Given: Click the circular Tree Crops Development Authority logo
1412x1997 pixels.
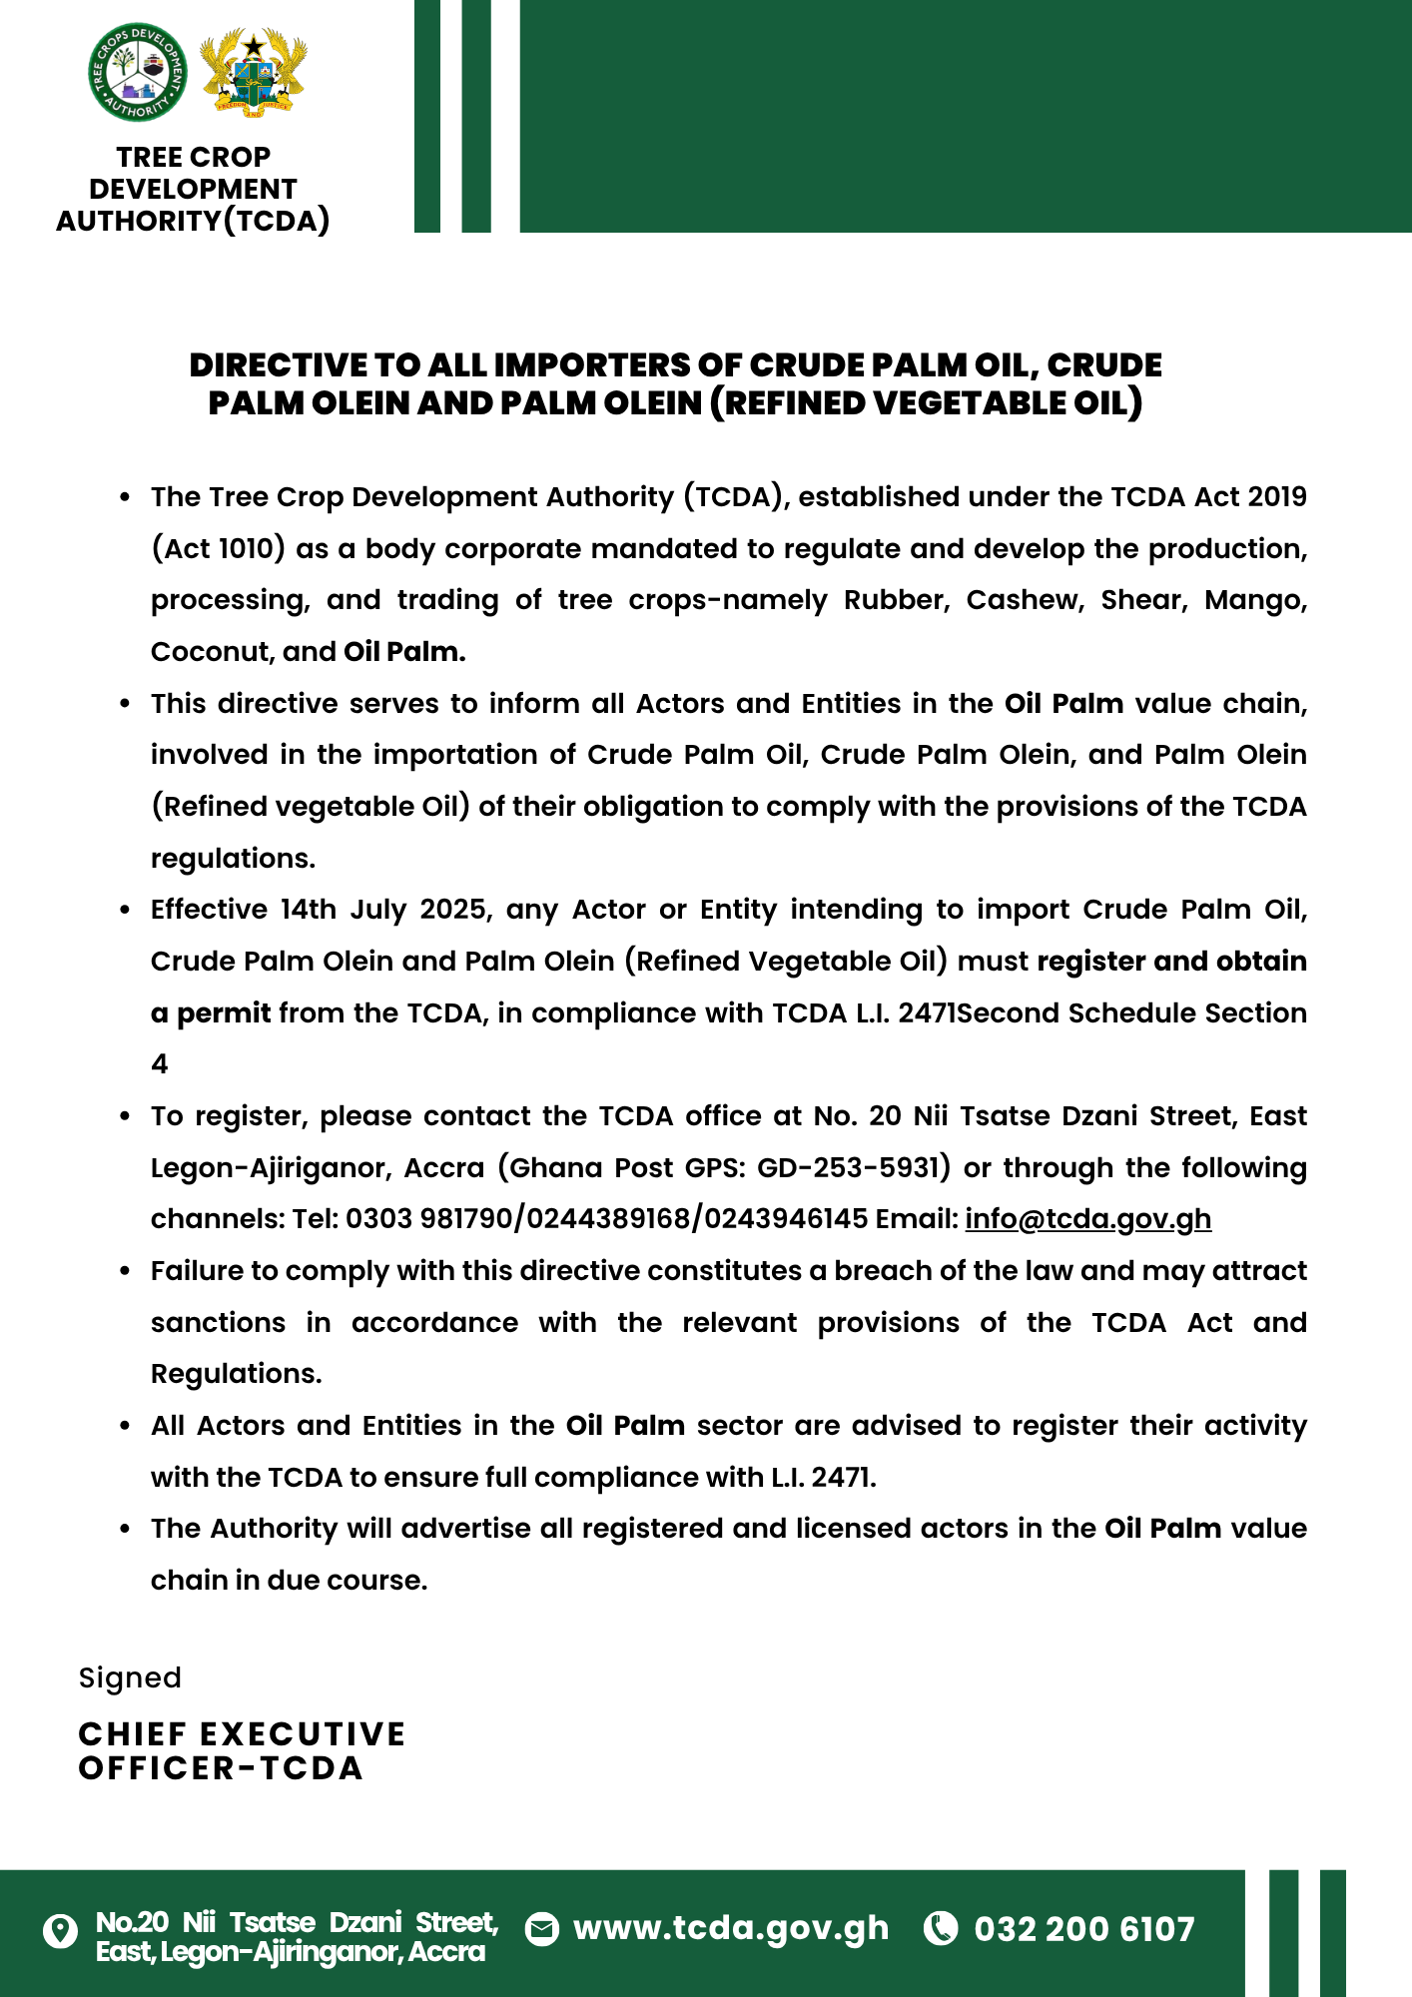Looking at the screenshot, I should (138, 72).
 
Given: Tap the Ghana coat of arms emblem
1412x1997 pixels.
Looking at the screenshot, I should (254, 73).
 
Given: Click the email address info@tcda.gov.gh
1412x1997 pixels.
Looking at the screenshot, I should (1087, 1219).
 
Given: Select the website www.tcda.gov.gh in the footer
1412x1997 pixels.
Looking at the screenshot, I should (730, 1928).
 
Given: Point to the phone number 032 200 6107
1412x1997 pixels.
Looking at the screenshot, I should (1083, 1929).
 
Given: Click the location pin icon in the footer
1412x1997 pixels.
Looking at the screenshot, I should (61, 1931).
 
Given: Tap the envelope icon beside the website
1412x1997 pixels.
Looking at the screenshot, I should (542, 1929).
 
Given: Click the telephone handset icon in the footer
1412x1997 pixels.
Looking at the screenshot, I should (941, 1928).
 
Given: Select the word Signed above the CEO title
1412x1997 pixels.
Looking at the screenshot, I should (130, 1677).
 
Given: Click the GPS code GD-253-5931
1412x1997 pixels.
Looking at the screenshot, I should (854, 1167).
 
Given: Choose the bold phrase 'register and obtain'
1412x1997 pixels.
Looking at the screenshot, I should (1171, 962).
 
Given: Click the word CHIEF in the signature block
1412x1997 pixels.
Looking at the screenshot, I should (133, 1734).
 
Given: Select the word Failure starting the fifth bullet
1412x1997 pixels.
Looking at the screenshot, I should (197, 1271).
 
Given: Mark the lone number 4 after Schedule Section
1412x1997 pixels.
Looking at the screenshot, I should (160, 1064).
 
